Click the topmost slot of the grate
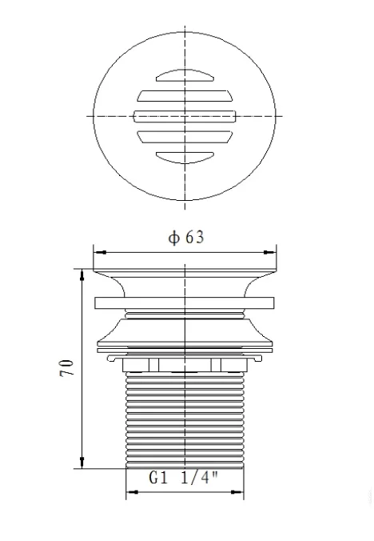(185, 76)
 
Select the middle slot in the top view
(185, 116)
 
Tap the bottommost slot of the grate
(185, 156)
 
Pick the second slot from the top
(185, 96)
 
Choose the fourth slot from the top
(185, 137)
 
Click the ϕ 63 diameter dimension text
(185, 238)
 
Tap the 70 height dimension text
(68, 368)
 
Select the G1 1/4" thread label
(185, 478)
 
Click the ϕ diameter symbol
(171, 238)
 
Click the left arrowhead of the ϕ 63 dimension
(98, 251)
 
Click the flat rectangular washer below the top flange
(185, 304)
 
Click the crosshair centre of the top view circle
(185, 116)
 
